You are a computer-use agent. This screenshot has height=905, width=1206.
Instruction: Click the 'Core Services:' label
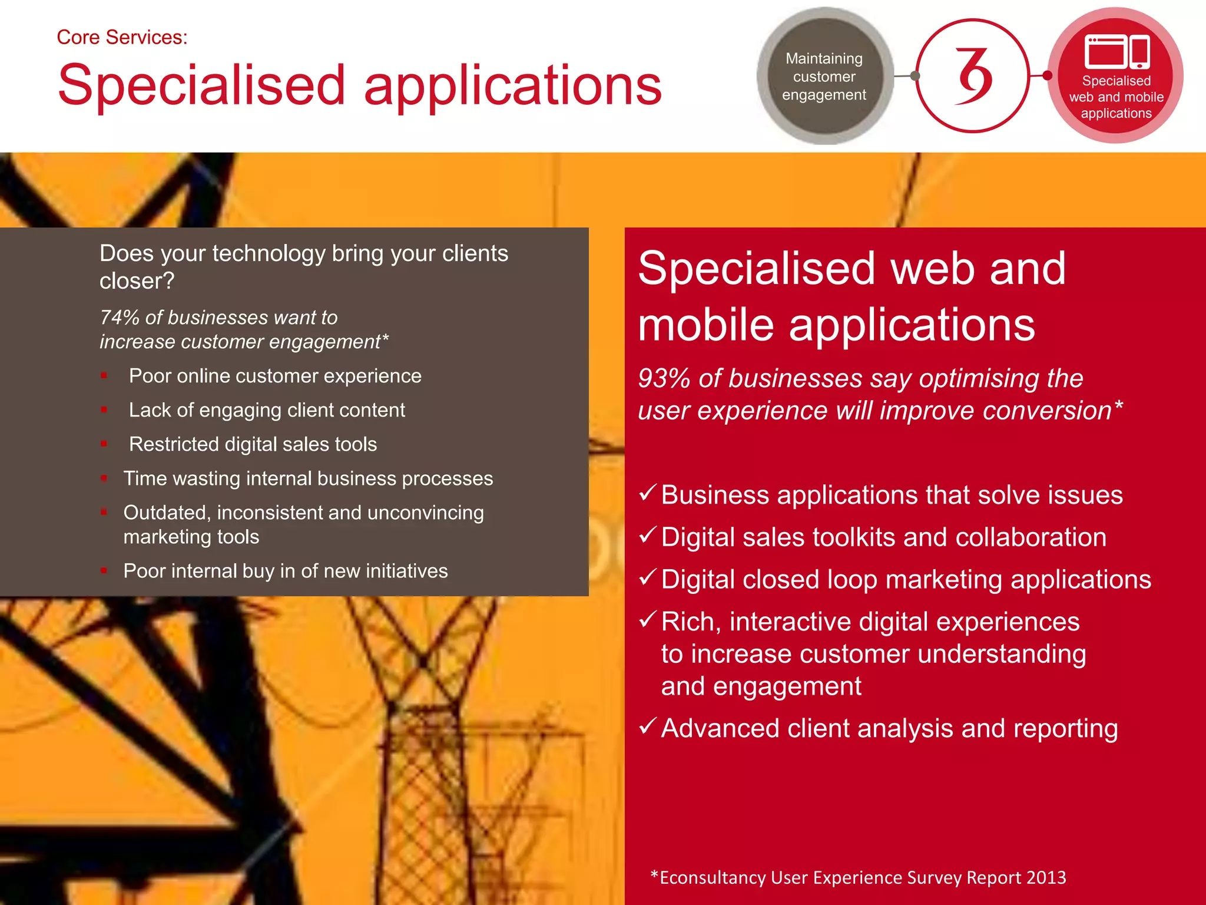coord(122,38)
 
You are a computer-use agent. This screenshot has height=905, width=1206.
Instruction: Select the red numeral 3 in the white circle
coord(973,76)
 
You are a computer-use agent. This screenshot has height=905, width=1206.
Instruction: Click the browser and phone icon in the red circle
coord(1116,52)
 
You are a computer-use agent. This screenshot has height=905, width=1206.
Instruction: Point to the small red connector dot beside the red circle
coord(1047,75)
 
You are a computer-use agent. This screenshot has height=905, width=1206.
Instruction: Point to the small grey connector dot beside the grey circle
coord(915,75)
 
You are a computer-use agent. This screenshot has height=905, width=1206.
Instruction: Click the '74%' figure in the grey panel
coord(120,318)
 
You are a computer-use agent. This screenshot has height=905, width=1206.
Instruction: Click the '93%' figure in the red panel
coord(664,379)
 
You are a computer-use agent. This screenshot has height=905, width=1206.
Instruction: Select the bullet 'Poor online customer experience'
coord(275,376)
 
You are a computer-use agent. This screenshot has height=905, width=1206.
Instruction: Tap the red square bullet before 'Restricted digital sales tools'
coord(104,444)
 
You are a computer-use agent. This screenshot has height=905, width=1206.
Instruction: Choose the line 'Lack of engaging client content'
coord(267,410)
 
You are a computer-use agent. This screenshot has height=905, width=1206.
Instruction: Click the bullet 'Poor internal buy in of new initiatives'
coord(286,571)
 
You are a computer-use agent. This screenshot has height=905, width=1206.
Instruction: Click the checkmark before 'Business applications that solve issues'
coord(647,492)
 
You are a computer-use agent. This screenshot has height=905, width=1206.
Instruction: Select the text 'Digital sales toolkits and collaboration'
coord(883,537)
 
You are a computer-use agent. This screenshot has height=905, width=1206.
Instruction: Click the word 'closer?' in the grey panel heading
coord(137,281)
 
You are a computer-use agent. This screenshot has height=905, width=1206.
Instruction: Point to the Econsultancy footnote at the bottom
coord(857,877)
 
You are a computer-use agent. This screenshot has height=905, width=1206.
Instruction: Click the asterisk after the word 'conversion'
coord(1118,405)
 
